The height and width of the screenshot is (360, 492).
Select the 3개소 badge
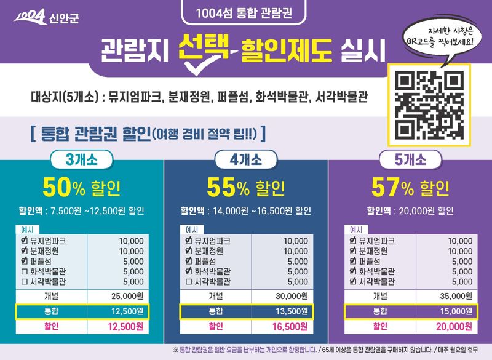pyautogui.click(x=81, y=160)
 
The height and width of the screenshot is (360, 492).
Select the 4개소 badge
pyautogui.click(x=245, y=160)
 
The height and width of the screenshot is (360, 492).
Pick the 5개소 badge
pyautogui.click(x=410, y=160)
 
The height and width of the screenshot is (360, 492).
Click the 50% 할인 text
pyautogui.click(x=81, y=186)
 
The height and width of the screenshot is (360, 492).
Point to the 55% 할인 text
pyautogui.click(x=245, y=186)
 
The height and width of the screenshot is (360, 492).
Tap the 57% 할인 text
pyautogui.click(x=410, y=186)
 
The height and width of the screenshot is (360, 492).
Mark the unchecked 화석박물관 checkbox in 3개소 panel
pyautogui.click(x=24, y=271)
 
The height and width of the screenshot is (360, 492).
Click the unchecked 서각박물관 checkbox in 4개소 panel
pyautogui.click(x=189, y=282)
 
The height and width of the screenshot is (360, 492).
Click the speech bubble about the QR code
pyautogui.click(x=436, y=38)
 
